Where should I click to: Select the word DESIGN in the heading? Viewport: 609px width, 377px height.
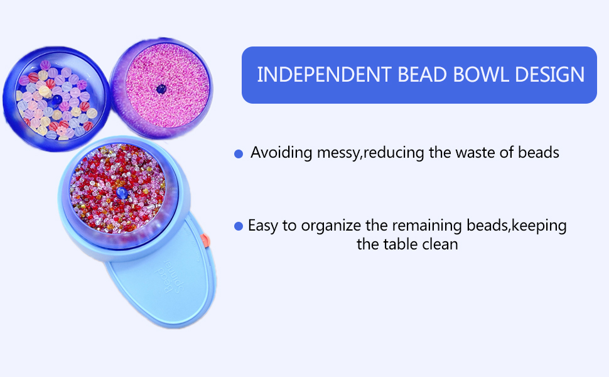(x=550, y=75)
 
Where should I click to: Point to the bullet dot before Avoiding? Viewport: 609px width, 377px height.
(x=239, y=154)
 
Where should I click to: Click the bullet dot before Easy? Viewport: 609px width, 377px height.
(x=239, y=226)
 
